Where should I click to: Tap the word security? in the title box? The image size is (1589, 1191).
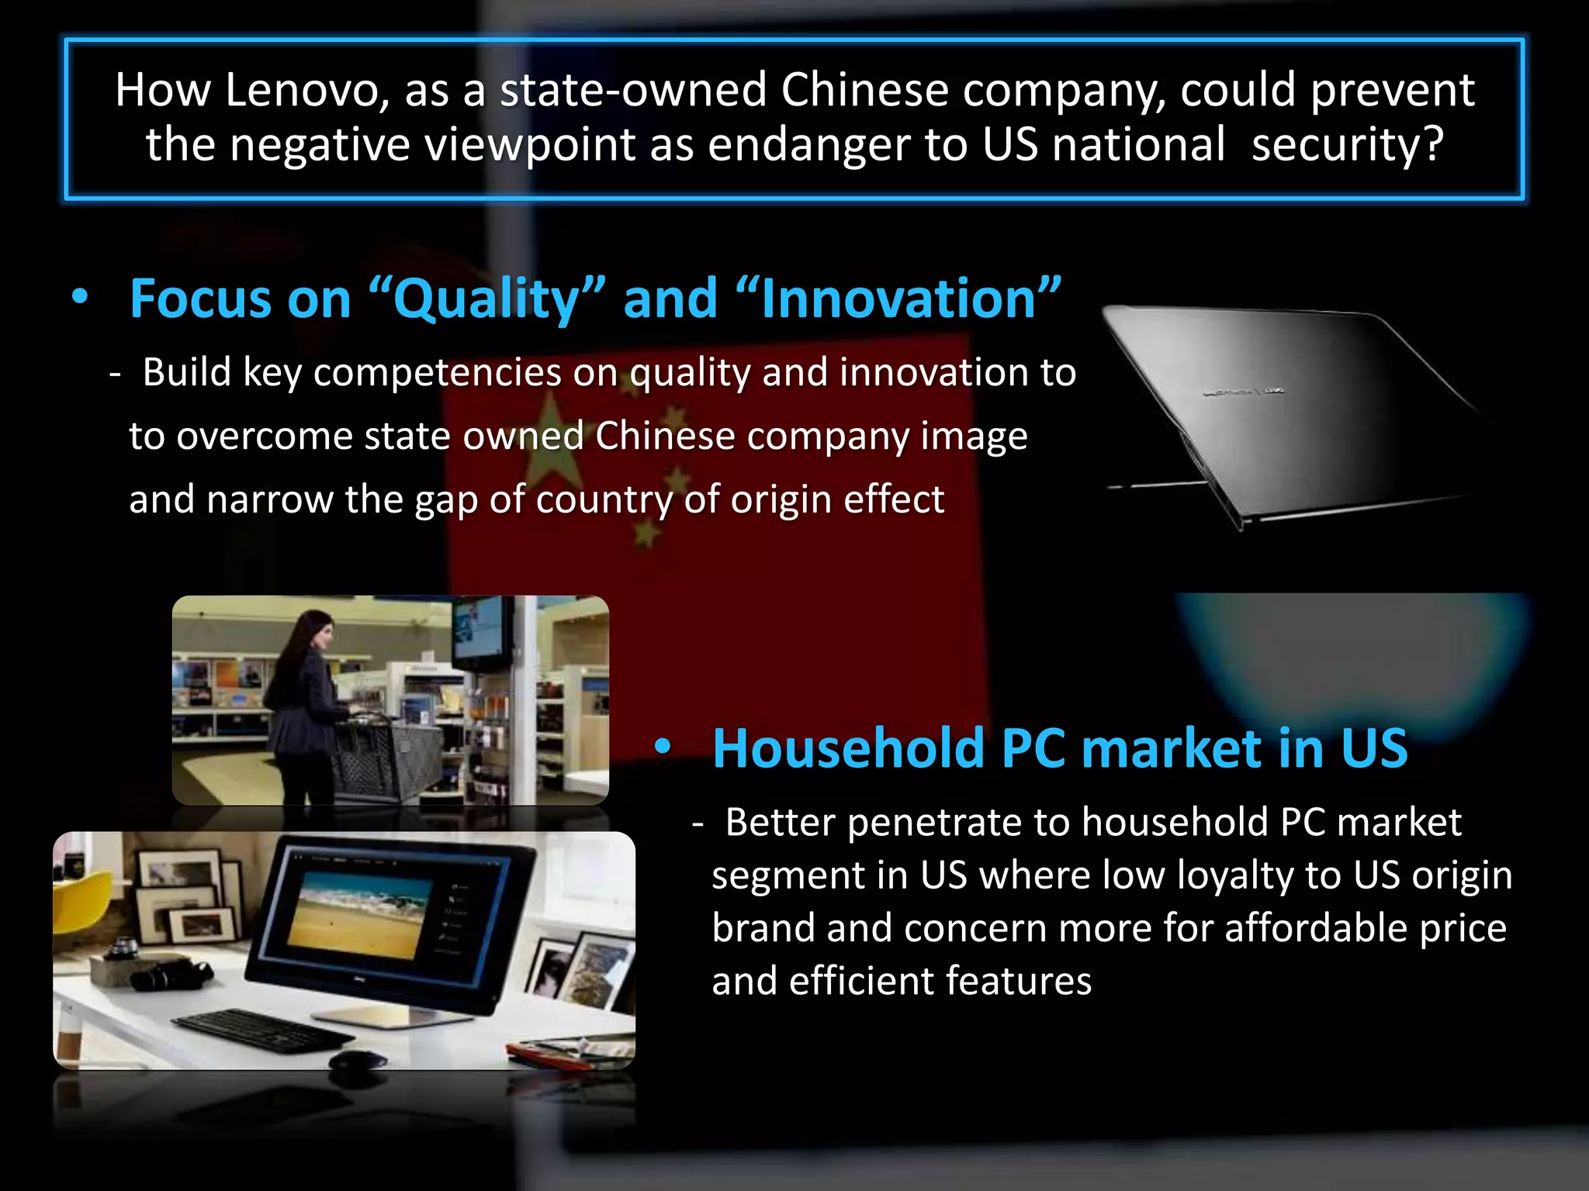tap(1348, 144)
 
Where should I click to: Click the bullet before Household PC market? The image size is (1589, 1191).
tap(662, 747)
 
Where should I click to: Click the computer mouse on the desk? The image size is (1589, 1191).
tap(358, 1058)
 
